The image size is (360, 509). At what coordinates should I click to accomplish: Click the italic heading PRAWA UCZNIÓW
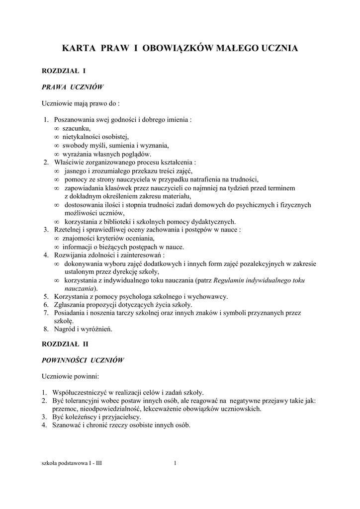point(72,87)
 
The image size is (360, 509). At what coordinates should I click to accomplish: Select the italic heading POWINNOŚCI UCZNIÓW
point(82,359)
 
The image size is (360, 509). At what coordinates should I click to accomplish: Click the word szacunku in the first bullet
point(76,128)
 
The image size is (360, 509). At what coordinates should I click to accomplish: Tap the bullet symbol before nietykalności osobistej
point(56,137)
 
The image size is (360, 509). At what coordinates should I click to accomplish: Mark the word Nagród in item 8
point(64,329)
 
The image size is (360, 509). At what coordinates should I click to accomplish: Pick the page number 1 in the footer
point(175,464)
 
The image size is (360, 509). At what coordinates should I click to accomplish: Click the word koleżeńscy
point(82,417)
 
